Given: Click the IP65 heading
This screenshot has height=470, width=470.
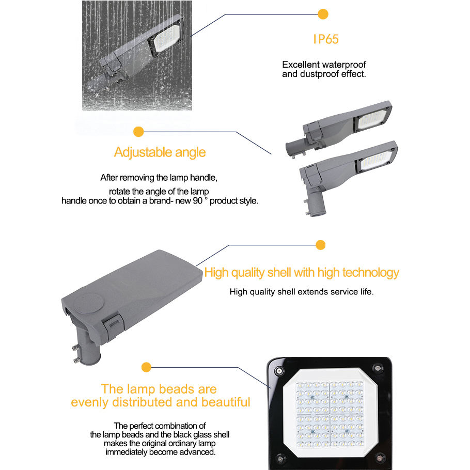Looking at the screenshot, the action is (x=326, y=39).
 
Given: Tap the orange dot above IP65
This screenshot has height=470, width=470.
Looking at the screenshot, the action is (x=323, y=14).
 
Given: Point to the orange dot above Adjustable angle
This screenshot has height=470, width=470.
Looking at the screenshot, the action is (x=138, y=132).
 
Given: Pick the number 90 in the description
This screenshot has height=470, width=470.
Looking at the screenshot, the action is (x=197, y=200).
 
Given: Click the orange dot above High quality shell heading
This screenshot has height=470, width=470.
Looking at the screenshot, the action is (x=320, y=245).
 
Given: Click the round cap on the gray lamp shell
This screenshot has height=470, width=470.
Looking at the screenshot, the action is (x=89, y=303).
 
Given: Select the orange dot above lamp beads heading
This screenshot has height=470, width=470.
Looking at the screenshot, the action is (x=146, y=367).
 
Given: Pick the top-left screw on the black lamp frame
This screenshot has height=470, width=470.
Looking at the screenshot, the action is (x=279, y=371).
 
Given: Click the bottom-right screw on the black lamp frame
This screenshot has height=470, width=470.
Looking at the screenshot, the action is (x=380, y=458).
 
